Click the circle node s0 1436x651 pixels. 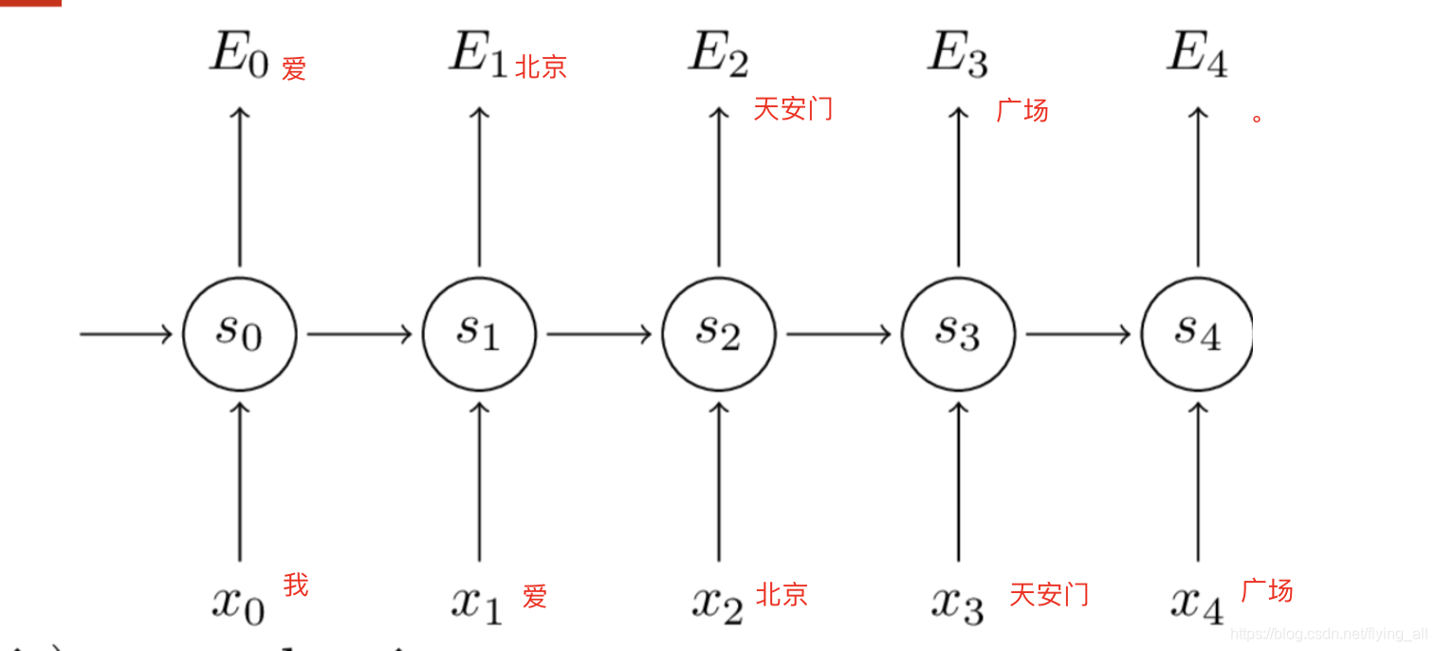(x=239, y=334)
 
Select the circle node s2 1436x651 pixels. (x=718, y=334)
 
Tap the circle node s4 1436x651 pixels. (x=1197, y=334)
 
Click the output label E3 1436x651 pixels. (x=957, y=55)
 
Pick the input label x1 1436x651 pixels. (x=477, y=602)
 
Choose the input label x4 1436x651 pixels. (x=1196, y=602)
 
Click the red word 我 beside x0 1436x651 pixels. (x=296, y=585)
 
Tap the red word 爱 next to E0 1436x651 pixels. (x=294, y=68)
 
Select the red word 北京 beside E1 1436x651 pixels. (x=541, y=66)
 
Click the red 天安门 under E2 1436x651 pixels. (x=793, y=108)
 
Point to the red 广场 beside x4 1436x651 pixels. (x=1267, y=590)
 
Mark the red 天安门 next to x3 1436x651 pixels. (x=1049, y=595)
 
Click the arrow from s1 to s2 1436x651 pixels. (x=598, y=334)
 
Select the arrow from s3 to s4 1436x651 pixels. (x=1077, y=334)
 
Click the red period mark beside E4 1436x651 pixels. (x=1257, y=119)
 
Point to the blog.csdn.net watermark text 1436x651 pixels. (x=1328, y=634)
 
